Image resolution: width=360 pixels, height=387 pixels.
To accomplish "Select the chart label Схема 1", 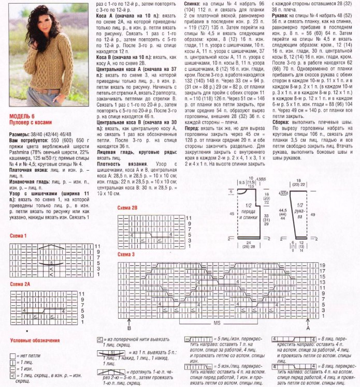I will click(18, 236).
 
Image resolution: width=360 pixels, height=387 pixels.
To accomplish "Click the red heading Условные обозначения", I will click(35, 341).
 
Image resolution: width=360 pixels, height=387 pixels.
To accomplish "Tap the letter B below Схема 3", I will click(128, 328).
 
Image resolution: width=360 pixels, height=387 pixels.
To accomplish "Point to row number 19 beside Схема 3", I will click(322, 265).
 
